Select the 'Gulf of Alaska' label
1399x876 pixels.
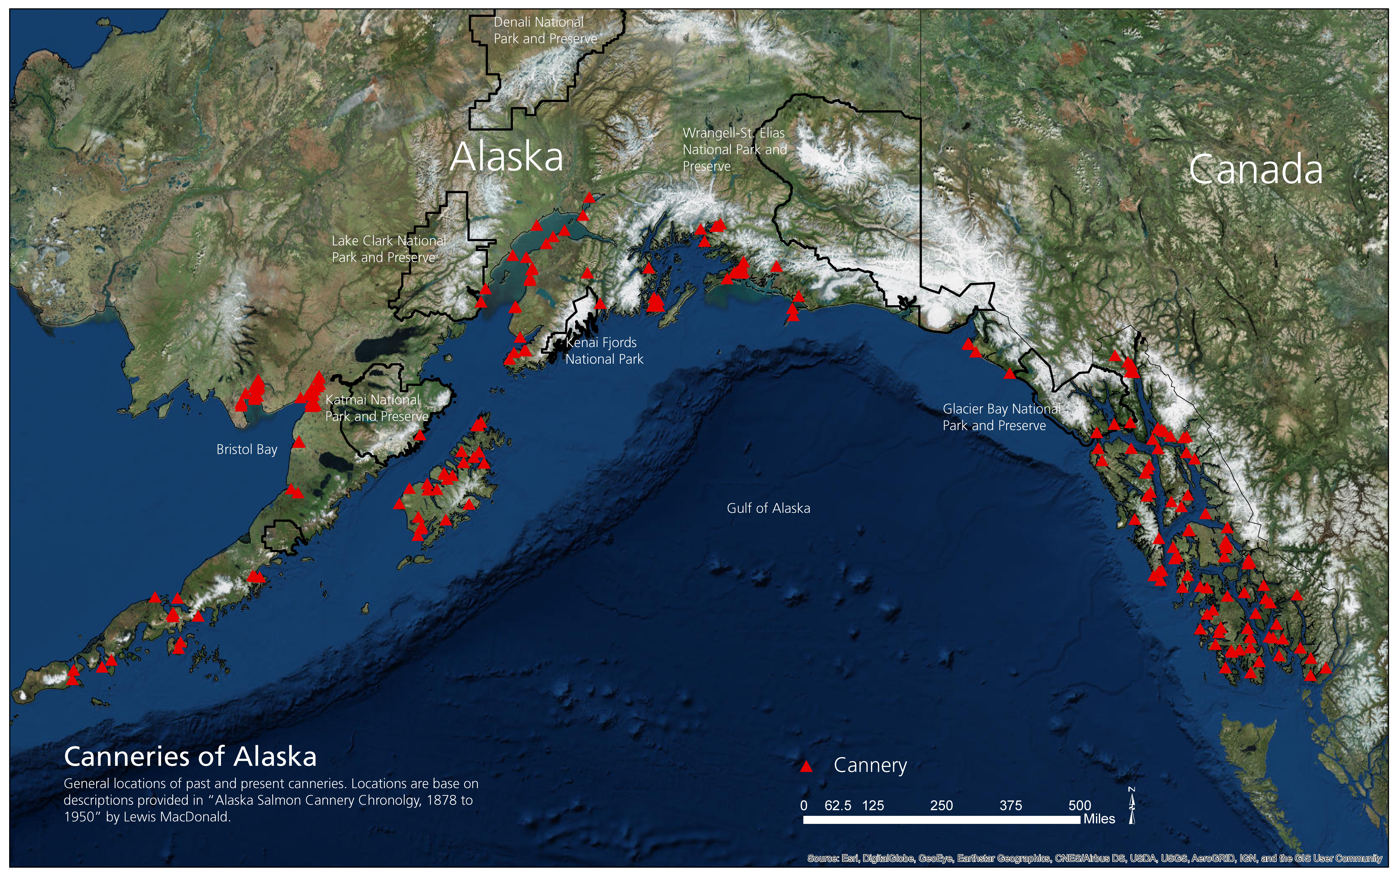(768, 508)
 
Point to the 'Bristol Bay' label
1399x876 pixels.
(247, 450)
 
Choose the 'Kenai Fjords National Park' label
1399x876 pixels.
(604, 351)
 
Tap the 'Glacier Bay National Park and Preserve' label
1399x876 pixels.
(1002, 417)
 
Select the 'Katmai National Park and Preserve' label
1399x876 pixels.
(377, 408)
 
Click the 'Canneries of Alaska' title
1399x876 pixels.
(190, 757)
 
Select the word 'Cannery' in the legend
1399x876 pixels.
(870, 765)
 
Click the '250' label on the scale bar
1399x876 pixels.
(941, 805)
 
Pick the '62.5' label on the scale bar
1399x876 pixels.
(838, 805)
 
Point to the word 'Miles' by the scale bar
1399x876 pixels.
(1099, 819)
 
